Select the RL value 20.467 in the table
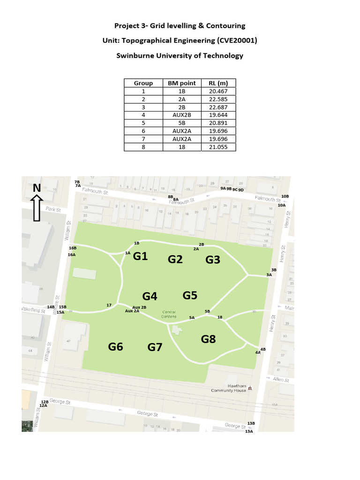[218, 91]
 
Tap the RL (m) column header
[218, 83]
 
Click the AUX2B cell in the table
[181, 115]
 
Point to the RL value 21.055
[218, 147]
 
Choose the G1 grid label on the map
[141, 256]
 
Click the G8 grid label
[208, 339]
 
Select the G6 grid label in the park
[115, 347]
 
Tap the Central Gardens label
[169, 314]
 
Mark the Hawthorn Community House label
[229, 388]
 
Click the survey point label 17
[109, 305]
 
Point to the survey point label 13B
[251, 423]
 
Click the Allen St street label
[281, 380]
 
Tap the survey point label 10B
[285, 196]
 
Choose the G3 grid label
[213, 260]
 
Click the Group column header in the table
[143, 83]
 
